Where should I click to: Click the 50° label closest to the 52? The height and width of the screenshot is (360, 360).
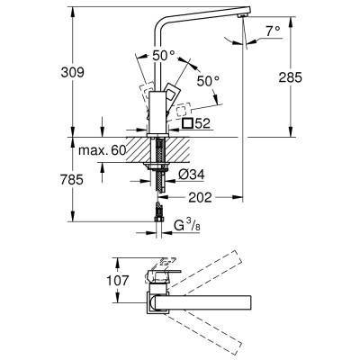(x=208, y=81)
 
